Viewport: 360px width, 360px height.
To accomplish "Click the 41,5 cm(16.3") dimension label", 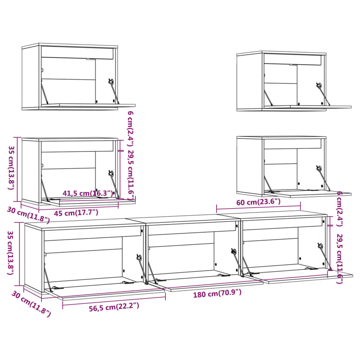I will click(88, 193).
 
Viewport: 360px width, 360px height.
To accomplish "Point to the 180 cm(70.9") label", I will click(217, 293).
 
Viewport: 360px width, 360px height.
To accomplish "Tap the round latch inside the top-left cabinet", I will click(111, 82).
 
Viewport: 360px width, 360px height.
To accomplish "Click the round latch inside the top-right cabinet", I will click(319, 85).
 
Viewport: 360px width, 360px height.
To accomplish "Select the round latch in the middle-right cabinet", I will click(319, 168).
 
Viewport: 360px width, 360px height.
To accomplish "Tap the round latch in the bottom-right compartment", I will click(320, 246).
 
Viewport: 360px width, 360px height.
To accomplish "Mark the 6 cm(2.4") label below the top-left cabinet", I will click(130, 128).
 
